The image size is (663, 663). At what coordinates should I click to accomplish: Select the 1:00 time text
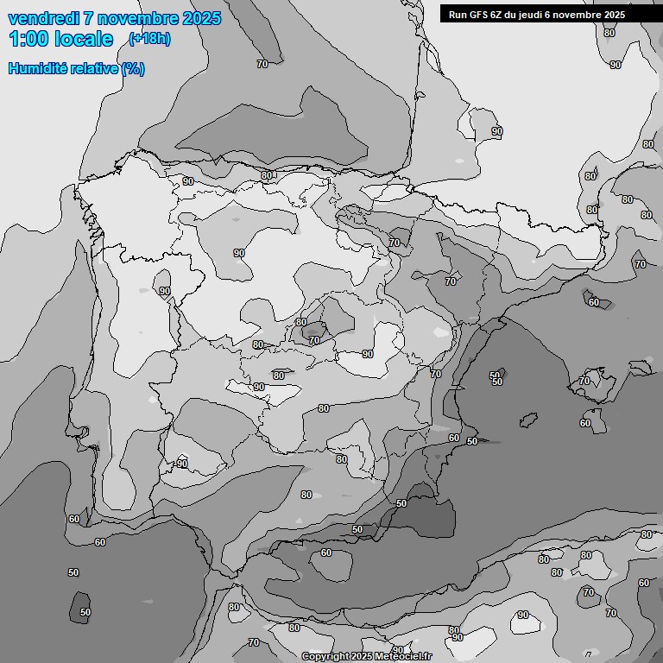pos(28,39)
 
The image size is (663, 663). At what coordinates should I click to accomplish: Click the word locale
pos(83,39)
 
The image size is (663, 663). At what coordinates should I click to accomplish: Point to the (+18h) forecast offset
pos(149,39)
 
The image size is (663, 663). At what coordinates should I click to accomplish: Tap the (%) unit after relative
pos(133,69)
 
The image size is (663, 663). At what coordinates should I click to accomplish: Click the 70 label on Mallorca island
pos(584,381)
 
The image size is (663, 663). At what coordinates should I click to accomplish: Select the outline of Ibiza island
pos(527,421)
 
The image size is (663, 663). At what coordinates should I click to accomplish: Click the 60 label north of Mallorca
pos(593,302)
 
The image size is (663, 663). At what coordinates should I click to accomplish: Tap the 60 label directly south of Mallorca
pos(585,423)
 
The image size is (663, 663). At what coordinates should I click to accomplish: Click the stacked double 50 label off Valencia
pos(496,379)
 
